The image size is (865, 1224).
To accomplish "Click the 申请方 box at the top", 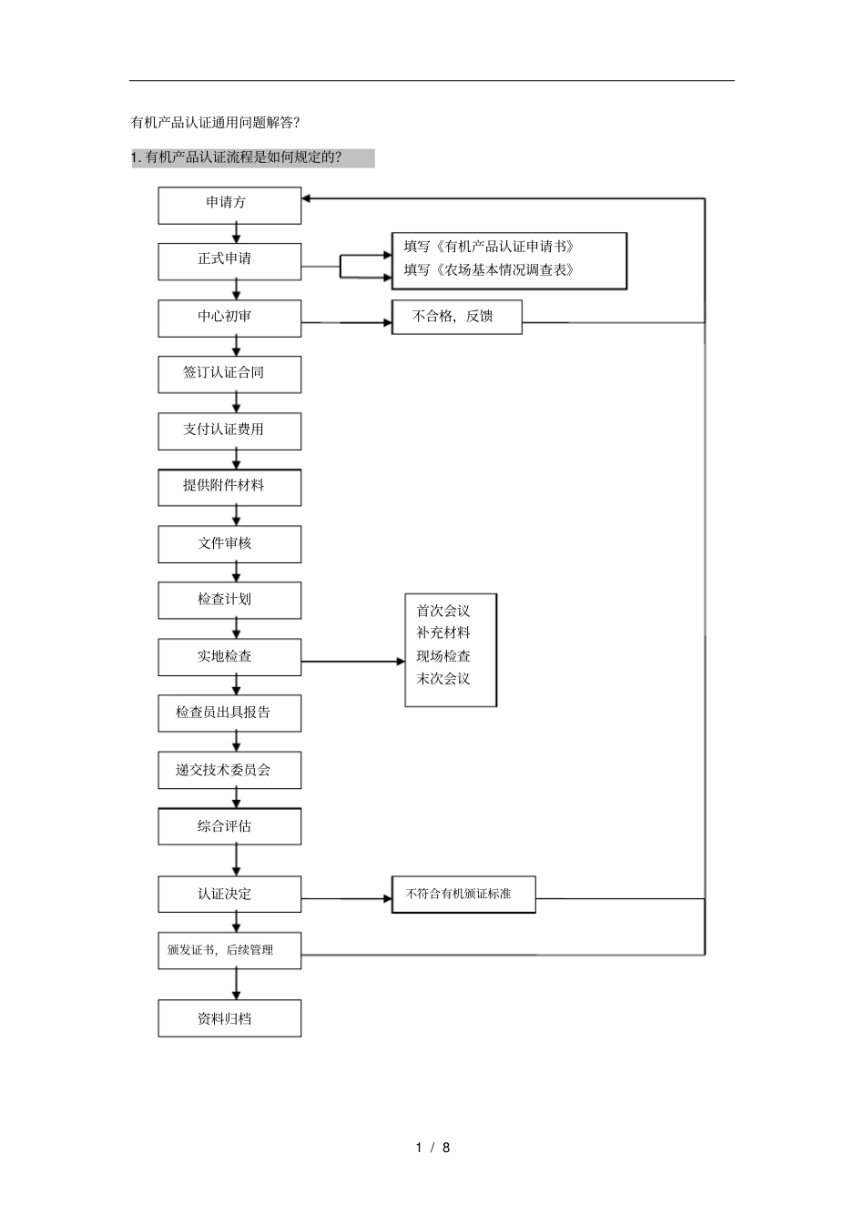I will click(x=229, y=205).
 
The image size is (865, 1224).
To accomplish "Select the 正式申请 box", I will click(x=229, y=261).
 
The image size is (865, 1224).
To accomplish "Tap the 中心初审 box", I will click(x=229, y=318).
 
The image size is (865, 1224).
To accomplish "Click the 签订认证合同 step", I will click(x=229, y=374).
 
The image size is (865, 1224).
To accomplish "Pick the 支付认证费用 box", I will click(x=229, y=430).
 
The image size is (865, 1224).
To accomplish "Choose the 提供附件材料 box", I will click(x=229, y=487).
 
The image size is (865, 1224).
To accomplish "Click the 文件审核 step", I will click(x=229, y=544).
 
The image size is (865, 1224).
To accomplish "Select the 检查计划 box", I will click(x=229, y=601).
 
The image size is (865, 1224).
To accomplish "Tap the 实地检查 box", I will click(x=229, y=657).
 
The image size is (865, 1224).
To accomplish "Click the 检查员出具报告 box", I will click(x=229, y=713).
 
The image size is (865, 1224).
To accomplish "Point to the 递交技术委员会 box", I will click(x=229, y=771).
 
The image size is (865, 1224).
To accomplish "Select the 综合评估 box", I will click(x=229, y=827).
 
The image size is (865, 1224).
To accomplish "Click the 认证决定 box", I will click(x=229, y=895).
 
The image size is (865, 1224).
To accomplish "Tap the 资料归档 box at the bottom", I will click(x=229, y=1018).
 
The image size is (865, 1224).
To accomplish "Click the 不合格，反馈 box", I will click(x=456, y=317).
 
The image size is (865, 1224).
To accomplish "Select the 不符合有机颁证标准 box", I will click(x=463, y=895).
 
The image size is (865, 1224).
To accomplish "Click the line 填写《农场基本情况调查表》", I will click(x=489, y=270).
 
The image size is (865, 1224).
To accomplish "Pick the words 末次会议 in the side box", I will click(x=443, y=679).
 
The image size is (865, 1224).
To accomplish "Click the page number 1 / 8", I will click(x=432, y=1148).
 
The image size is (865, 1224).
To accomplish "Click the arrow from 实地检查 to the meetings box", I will click(x=353, y=662).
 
